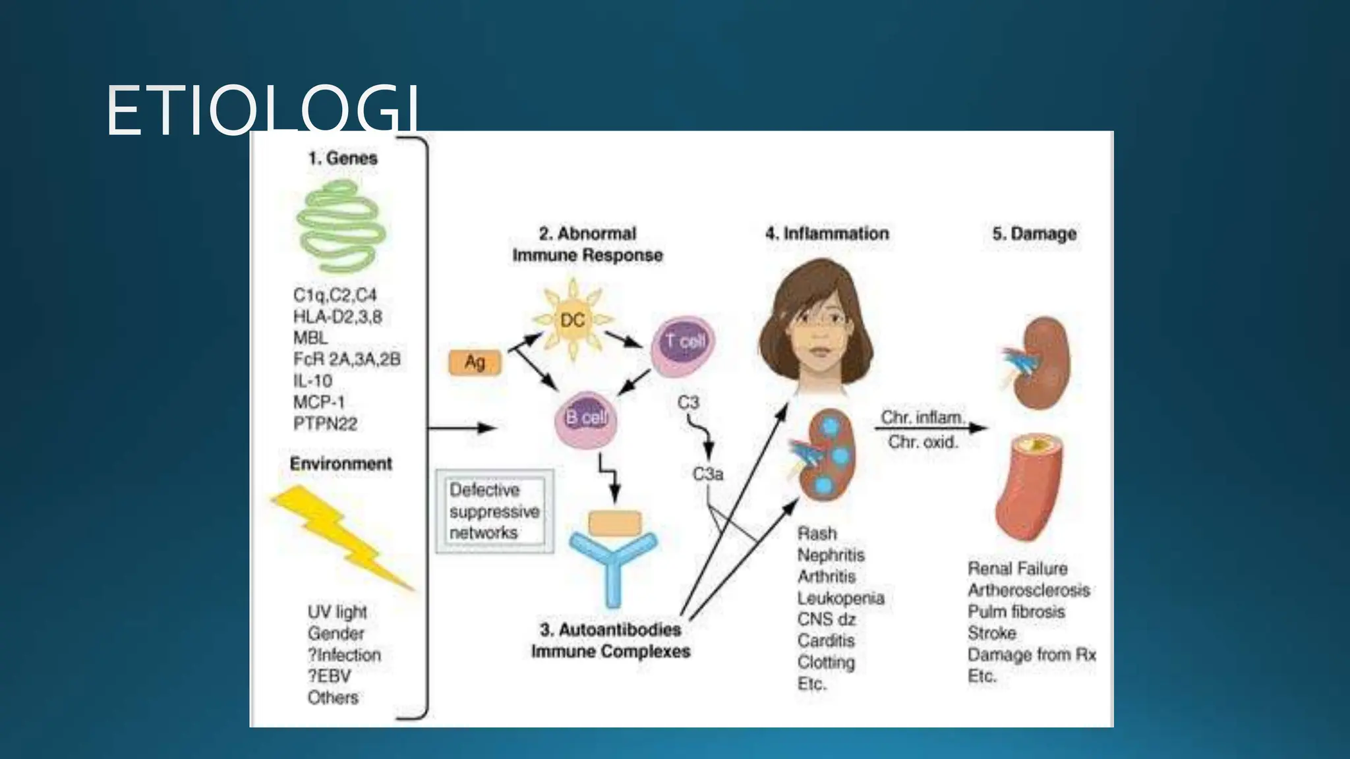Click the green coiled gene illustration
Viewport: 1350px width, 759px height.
coord(341,228)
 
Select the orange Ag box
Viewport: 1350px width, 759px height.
coord(475,362)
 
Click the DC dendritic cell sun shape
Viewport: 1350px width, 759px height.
coord(572,320)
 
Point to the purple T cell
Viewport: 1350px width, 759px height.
coord(684,343)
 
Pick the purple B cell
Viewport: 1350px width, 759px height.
coord(586,419)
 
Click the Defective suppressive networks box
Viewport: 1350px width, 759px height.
coord(494,511)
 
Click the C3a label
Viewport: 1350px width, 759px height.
coord(707,474)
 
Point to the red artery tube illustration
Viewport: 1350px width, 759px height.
coord(1028,494)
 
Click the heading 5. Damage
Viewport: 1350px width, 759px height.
coord(1034,234)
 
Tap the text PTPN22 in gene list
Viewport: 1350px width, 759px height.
coord(325,424)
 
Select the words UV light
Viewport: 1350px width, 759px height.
coord(337,612)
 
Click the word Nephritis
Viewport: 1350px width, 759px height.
coord(831,555)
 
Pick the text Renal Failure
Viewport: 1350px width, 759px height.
coord(1017,569)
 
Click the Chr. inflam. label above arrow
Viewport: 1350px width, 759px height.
coord(922,418)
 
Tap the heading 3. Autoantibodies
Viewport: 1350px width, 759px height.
coord(610,630)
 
